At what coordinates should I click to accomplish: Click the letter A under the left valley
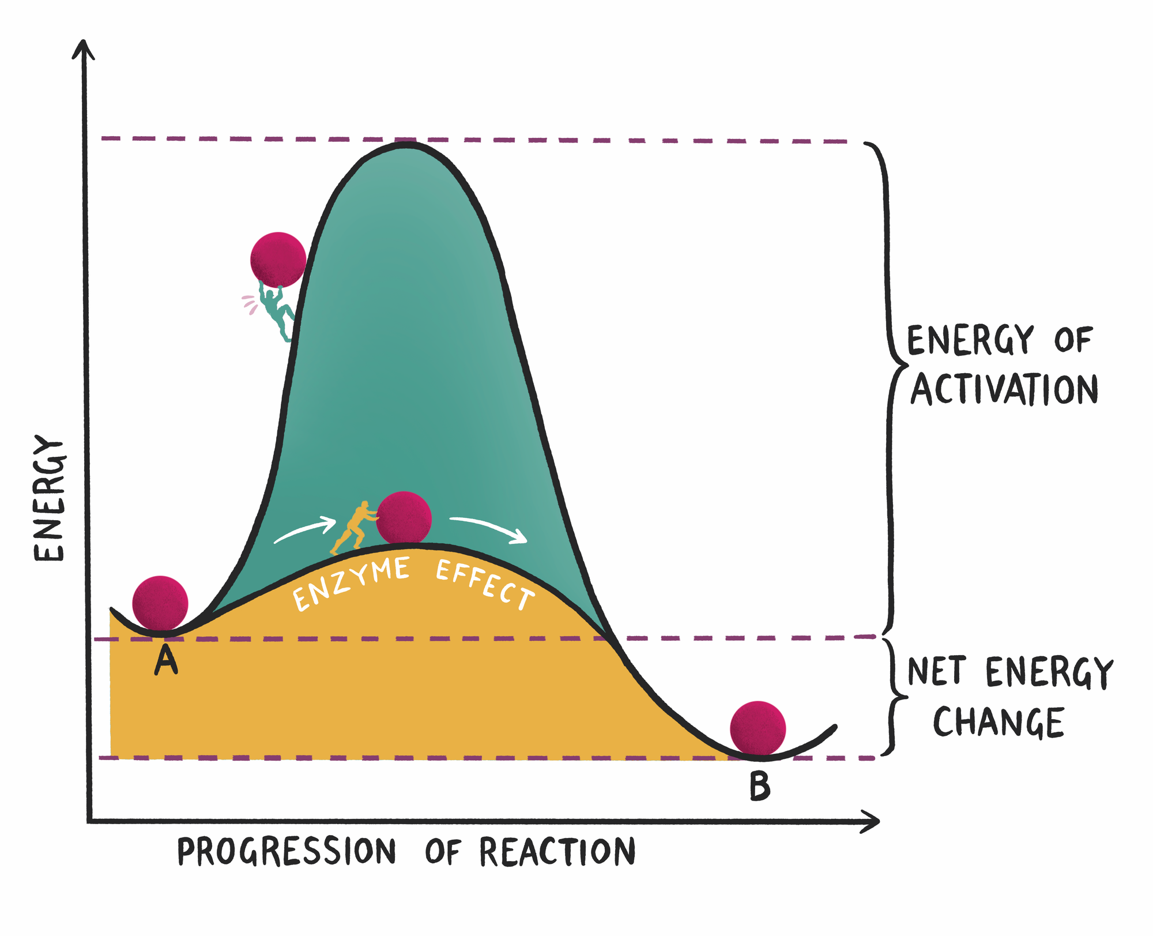[x=166, y=660]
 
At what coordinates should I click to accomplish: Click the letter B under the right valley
[x=760, y=786]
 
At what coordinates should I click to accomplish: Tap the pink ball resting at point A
[x=160, y=603]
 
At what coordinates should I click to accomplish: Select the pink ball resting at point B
[x=758, y=728]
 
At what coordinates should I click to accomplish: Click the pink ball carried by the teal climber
[x=278, y=260]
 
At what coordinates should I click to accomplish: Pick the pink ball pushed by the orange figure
[x=404, y=518]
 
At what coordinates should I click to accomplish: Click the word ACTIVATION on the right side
[x=1004, y=389]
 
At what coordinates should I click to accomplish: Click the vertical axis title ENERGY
[x=50, y=498]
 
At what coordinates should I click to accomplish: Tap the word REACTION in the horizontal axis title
[x=557, y=852]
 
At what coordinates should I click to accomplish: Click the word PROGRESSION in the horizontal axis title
[x=287, y=852]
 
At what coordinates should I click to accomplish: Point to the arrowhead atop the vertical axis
[x=84, y=50]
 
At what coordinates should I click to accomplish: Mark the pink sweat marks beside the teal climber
[x=250, y=304]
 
